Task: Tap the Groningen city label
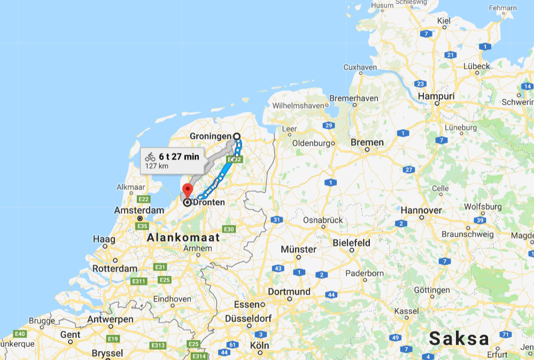click(x=211, y=136)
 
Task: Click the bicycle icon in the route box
click(x=150, y=157)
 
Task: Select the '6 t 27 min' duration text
click(x=179, y=156)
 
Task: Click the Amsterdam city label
click(x=139, y=210)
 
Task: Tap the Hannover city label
click(x=421, y=210)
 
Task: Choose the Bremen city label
click(x=367, y=143)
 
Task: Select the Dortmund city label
click(x=289, y=292)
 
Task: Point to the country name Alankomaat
click(x=183, y=237)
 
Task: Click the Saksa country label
click(x=459, y=338)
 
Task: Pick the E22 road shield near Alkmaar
click(x=143, y=199)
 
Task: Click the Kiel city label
click(x=444, y=21)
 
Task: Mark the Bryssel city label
click(x=107, y=353)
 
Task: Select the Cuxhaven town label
click(x=360, y=68)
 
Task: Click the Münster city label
click(x=298, y=249)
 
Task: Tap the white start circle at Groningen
click(x=236, y=136)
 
